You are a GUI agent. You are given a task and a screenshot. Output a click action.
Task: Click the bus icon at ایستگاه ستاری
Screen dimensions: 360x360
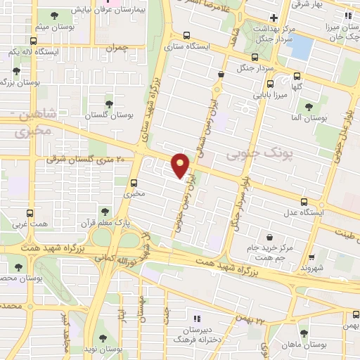[186, 35]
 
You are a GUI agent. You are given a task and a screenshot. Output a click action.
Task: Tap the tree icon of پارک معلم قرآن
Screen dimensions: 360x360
[105, 210]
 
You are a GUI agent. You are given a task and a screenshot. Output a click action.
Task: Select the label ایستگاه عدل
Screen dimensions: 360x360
[323, 211]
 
